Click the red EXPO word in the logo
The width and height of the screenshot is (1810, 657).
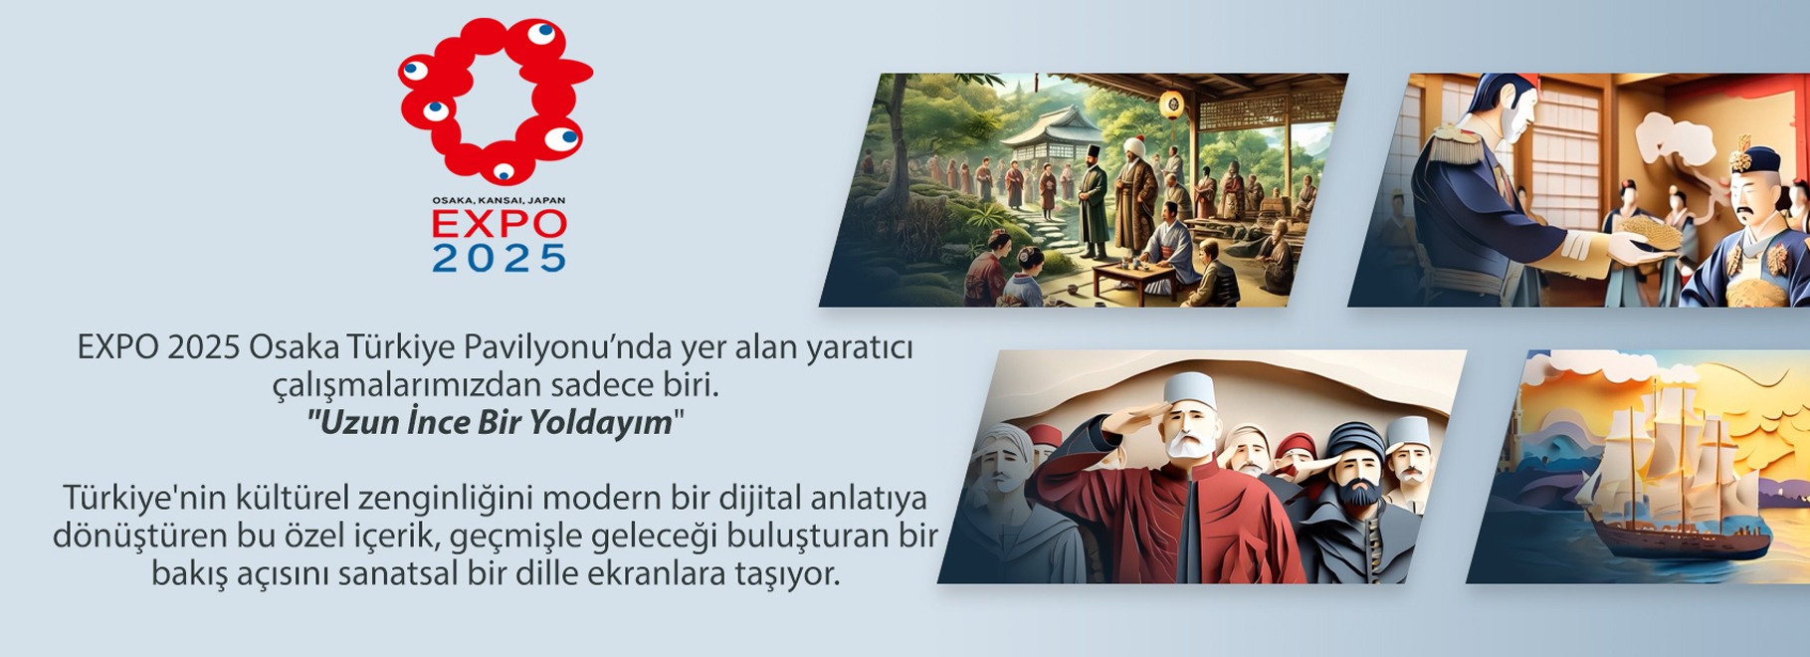coord(499,223)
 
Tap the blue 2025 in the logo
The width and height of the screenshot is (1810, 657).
coord(499,257)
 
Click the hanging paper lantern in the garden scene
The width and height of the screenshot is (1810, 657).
coord(1171,103)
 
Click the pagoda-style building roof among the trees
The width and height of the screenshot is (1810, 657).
coord(1051,130)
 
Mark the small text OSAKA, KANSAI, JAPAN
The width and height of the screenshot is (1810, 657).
coord(499,200)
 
